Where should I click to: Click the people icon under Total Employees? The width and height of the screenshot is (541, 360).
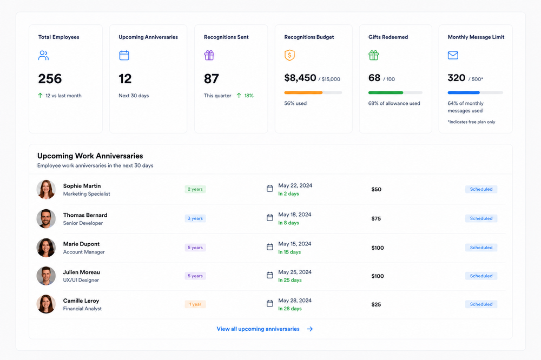[43, 56]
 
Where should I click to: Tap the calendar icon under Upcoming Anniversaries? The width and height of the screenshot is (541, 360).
[124, 55]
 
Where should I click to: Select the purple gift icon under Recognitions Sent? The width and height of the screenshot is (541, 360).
[209, 55]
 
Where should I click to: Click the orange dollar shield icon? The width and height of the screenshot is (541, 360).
[289, 55]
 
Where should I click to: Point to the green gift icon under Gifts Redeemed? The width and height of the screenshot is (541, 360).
[373, 55]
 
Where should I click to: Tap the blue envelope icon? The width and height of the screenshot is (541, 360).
[453, 55]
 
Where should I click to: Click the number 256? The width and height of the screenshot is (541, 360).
[50, 79]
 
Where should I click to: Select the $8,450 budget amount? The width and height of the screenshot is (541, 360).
[300, 78]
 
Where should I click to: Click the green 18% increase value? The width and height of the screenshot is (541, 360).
[249, 96]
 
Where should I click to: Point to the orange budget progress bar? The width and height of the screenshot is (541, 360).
[304, 93]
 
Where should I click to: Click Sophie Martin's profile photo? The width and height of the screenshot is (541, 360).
[46, 189]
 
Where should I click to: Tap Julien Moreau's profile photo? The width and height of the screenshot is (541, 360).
[46, 276]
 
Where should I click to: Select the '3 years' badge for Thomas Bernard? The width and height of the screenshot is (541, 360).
[195, 218]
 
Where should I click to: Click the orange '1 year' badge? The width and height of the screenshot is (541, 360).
[195, 304]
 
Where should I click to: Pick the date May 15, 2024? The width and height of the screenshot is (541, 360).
[295, 244]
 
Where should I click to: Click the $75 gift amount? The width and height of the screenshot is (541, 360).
[376, 218]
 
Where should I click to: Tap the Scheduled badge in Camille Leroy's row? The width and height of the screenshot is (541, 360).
[481, 304]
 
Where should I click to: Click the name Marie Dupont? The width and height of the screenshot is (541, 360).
[81, 244]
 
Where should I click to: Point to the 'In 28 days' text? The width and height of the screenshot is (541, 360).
[290, 309]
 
